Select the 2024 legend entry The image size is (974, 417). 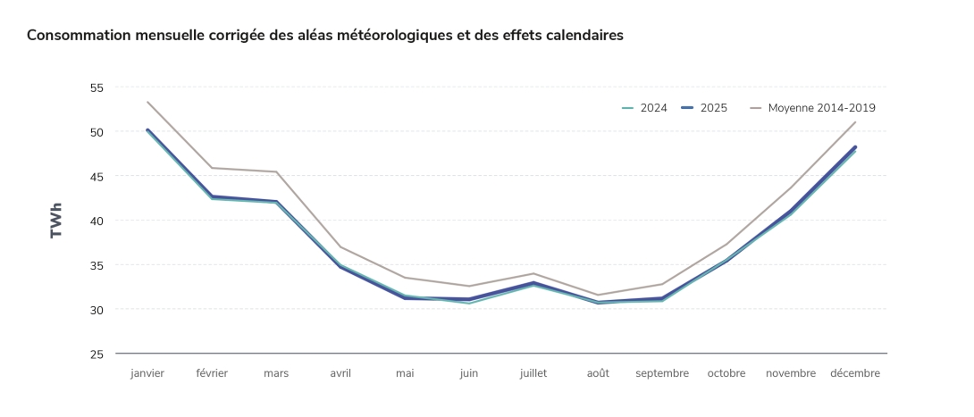coord(644,108)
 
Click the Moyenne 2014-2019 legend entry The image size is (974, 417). coord(812,108)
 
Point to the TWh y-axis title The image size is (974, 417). coord(57,221)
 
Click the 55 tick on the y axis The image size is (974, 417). coord(97,88)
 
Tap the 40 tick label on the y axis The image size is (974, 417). coord(97,221)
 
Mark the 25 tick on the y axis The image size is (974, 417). coord(97,354)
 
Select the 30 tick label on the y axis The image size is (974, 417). coord(97,310)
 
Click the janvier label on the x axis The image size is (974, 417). coord(147,373)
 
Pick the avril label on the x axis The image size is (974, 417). coord(340,373)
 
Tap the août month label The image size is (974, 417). coord(598,373)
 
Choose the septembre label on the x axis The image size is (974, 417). coord(662,373)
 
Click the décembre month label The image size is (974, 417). coord(855,373)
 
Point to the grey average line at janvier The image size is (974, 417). coord(147,102)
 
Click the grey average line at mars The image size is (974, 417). coord(276,171)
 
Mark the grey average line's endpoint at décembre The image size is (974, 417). coord(855,122)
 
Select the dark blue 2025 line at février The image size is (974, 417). coord(212,196)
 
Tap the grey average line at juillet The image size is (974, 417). coord(533,273)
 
